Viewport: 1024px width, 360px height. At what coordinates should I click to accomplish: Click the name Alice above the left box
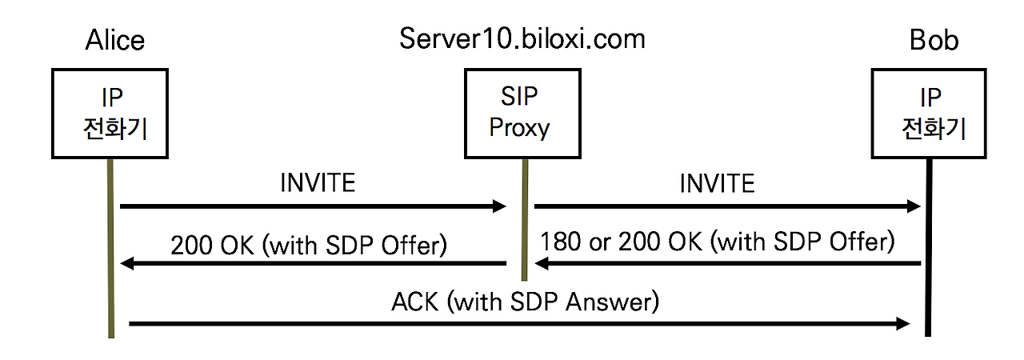click(117, 41)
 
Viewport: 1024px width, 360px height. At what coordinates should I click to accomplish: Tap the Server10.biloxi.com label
click(522, 38)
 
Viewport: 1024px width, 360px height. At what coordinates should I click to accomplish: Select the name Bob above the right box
click(934, 41)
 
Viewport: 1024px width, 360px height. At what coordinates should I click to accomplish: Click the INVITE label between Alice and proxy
click(318, 183)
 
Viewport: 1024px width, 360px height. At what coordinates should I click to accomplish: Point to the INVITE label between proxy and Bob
click(717, 183)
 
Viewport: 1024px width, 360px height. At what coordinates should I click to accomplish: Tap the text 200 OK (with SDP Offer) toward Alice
click(308, 244)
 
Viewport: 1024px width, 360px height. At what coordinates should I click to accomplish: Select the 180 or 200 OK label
click(717, 241)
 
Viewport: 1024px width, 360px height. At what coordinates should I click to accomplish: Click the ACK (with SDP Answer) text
click(525, 302)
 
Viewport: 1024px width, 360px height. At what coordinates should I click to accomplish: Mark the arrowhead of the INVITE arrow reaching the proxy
click(499, 207)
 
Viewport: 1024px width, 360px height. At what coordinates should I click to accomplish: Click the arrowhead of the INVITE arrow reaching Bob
click(914, 207)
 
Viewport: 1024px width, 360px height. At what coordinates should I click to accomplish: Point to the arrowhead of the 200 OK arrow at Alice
click(126, 263)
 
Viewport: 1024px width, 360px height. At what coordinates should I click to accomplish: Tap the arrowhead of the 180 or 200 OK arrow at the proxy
click(541, 263)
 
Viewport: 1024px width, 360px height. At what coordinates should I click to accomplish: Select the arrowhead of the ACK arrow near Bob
click(903, 323)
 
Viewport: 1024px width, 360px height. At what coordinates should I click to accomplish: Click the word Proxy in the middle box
click(519, 128)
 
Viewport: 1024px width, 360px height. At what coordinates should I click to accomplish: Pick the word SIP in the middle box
click(519, 98)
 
